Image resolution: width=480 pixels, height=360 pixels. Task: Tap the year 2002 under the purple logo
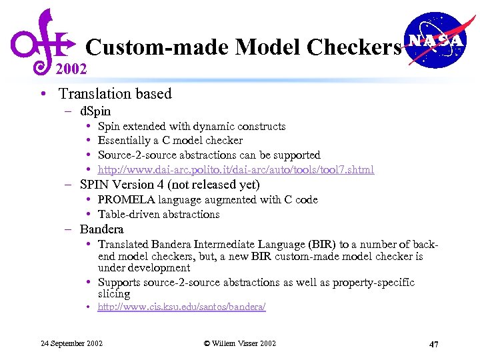tap(71, 69)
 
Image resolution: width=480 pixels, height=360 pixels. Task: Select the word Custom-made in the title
tap(158, 47)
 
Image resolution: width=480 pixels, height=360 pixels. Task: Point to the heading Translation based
tap(115, 94)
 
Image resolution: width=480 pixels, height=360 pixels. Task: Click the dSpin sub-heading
tap(95, 111)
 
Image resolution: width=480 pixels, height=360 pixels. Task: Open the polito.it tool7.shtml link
tap(236, 169)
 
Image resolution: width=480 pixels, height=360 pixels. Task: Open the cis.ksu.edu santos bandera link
tap(181, 307)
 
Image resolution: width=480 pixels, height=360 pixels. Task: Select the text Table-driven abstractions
tap(159, 214)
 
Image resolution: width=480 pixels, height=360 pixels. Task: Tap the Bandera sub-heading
tap(101, 229)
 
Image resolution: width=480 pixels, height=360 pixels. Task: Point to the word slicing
tap(114, 293)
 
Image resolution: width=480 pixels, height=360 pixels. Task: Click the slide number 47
tap(433, 344)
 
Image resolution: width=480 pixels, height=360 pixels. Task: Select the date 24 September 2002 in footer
tap(72, 343)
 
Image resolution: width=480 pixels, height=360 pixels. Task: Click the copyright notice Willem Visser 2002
tap(239, 343)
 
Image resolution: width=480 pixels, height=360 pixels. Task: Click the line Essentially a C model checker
tap(170, 140)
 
